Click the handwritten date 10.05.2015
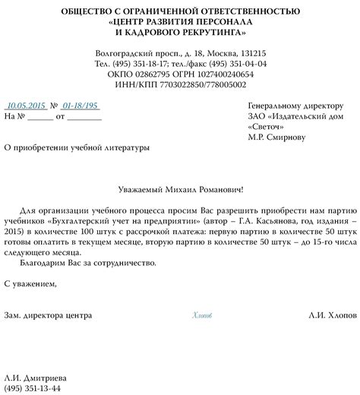27,105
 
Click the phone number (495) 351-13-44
39,388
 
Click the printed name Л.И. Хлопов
332,293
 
